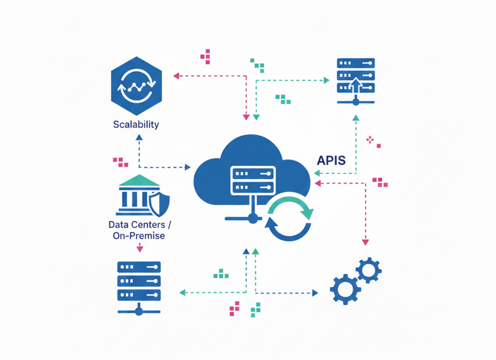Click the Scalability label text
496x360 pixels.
pyautogui.click(x=136, y=124)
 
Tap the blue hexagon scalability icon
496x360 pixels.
pyautogui.click(x=136, y=84)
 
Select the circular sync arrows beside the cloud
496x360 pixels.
pyautogui.click(x=289, y=219)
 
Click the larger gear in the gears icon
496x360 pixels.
pyautogui.click(x=345, y=288)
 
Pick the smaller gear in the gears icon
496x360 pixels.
pyautogui.click(x=368, y=270)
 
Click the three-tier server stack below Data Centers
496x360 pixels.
pyautogui.click(x=139, y=283)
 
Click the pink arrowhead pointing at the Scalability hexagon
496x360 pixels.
pyautogui.click(x=176, y=76)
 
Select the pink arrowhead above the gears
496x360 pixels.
pyautogui.click(x=365, y=242)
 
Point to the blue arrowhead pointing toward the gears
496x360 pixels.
pyautogui.click(x=315, y=293)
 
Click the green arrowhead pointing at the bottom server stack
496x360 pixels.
pyautogui.click(x=182, y=293)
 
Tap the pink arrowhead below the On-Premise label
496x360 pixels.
pyautogui.click(x=139, y=248)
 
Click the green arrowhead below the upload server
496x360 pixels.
pyautogui.click(x=355, y=118)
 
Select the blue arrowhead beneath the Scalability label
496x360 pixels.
pyautogui.click(x=139, y=139)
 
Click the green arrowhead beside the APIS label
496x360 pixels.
pyautogui.click(x=316, y=173)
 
